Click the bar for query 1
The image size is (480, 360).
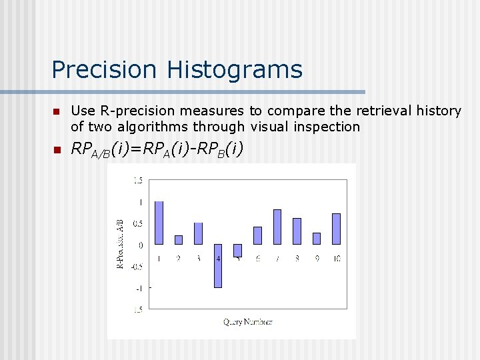[x=159, y=223]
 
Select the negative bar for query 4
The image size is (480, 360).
[x=217, y=265]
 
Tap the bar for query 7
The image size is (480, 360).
[x=277, y=227]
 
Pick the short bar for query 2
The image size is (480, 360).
[x=178, y=239]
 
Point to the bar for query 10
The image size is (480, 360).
[x=336, y=229]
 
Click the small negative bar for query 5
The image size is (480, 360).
[x=237, y=250]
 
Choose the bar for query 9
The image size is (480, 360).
[x=317, y=238]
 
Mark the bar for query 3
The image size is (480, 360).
[x=198, y=233]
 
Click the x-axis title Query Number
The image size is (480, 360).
[x=247, y=322]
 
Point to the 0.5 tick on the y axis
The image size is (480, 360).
[x=137, y=223]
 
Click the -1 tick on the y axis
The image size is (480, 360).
[x=139, y=288]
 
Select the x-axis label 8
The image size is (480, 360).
[x=297, y=258]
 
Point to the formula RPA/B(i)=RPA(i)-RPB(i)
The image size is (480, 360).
[x=157, y=151]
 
